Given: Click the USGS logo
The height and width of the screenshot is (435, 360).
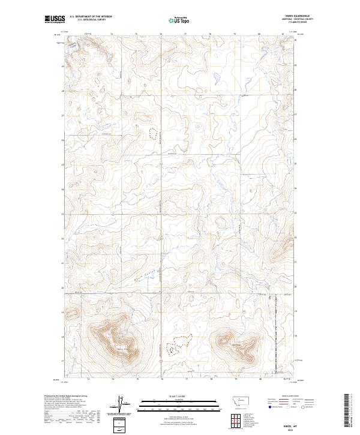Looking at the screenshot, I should (x=55, y=19).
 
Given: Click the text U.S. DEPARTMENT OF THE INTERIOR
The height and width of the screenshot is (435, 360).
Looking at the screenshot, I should (x=91, y=17).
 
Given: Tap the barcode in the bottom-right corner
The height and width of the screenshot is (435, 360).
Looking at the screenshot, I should (x=347, y=410).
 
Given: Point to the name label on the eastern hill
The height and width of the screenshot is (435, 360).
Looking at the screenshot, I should (x=235, y=343).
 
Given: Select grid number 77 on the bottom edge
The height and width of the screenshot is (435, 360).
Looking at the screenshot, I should (x=187, y=379).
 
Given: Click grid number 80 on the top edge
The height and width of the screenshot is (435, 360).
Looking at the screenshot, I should (x=259, y=34).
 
